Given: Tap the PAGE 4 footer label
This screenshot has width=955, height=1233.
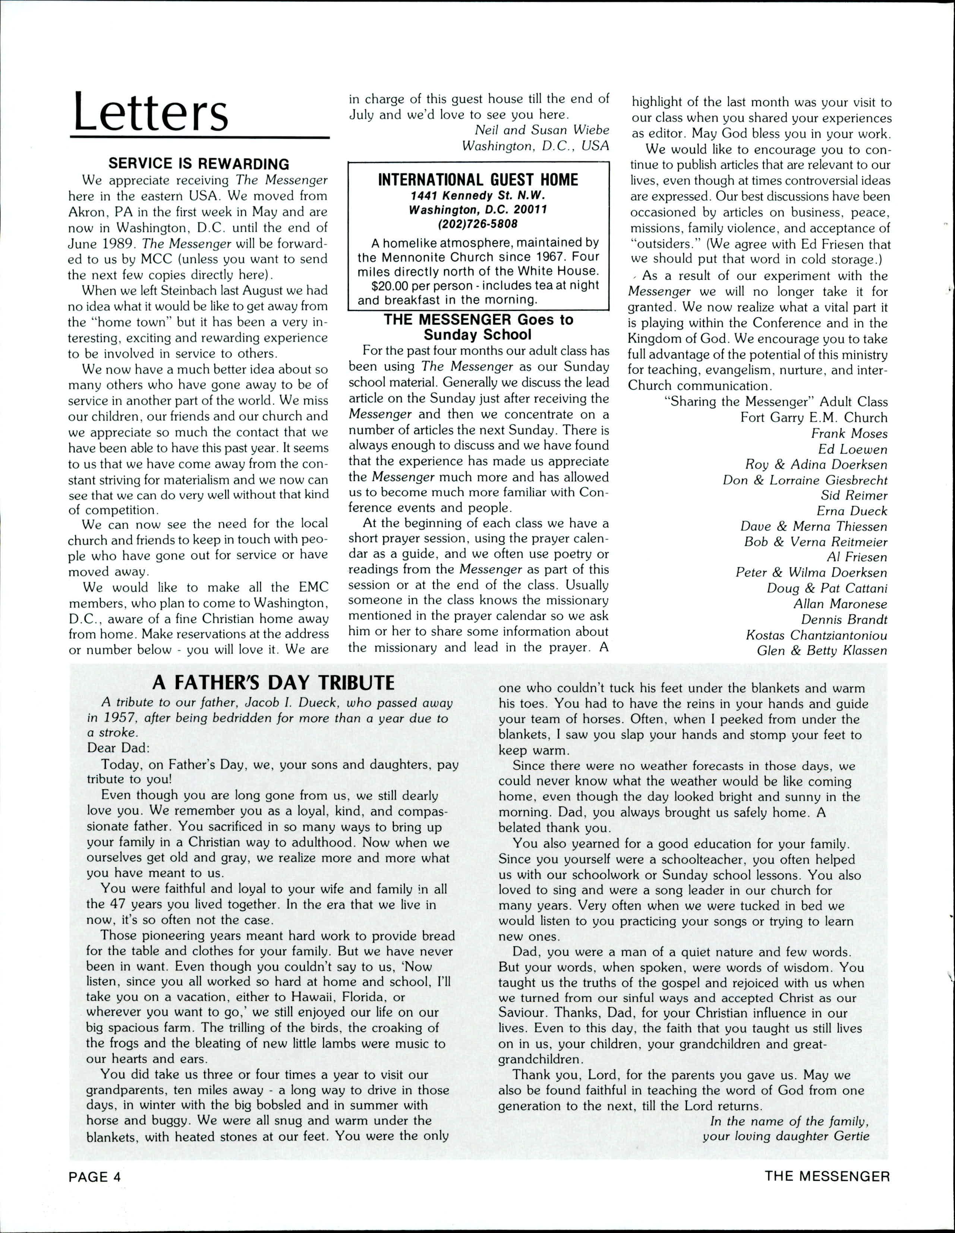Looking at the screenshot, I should pyautogui.click(x=95, y=1192).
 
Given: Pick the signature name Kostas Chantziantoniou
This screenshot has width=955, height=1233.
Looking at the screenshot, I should pyautogui.click(x=816, y=635).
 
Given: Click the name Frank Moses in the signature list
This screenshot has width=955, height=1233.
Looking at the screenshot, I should pyautogui.click(x=849, y=434).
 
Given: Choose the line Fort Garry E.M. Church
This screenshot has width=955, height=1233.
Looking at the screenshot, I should pyautogui.click(x=814, y=418).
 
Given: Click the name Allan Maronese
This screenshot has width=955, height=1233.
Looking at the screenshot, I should pyautogui.click(x=840, y=604).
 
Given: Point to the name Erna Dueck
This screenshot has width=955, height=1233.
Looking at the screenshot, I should pyautogui.click(x=852, y=511).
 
